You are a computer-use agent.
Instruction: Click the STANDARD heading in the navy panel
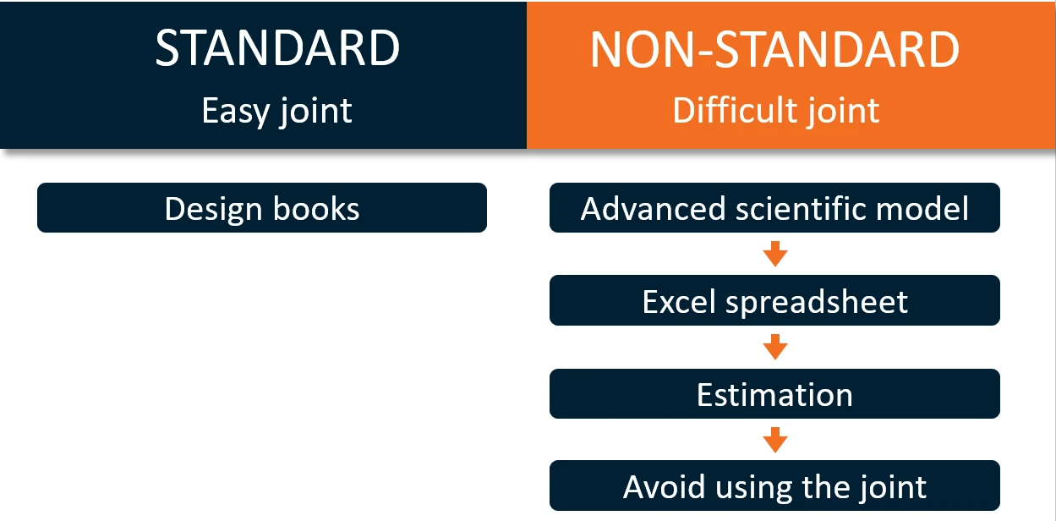(277, 47)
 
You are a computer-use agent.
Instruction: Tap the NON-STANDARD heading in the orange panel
(774, 49)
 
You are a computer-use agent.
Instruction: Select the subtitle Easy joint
(276, 112)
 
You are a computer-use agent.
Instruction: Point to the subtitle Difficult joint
(775, 111)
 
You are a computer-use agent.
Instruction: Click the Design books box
(262, 207)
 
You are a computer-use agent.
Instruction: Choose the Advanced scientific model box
(774, 207)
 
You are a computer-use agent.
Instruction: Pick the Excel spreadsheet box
(774, 300)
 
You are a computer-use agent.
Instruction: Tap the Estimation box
(774, 393)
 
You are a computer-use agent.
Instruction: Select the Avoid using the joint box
(774, 485)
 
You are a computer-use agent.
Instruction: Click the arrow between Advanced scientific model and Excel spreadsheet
(775, 254)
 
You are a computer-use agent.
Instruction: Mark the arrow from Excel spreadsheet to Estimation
(775, 347)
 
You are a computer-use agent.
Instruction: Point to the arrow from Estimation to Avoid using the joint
(775, 440)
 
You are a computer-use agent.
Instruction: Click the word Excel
(679, 302)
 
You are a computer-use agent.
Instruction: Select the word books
(316, 208)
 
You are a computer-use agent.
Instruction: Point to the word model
(922, 208)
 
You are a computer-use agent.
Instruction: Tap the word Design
(213, 210)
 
